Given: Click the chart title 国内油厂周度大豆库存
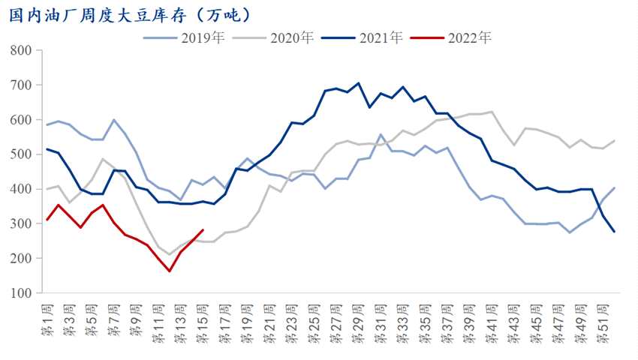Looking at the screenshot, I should coord(128,14).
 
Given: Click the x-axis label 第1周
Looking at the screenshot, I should coord(47,318).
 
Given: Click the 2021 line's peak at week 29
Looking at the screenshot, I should coord(358,83).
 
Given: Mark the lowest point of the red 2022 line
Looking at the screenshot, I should coord(170,271).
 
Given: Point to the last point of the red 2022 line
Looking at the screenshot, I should coord(203,230).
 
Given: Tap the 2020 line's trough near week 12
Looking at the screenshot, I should coord(170,254).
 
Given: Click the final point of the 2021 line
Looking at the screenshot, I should coord(614,232).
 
